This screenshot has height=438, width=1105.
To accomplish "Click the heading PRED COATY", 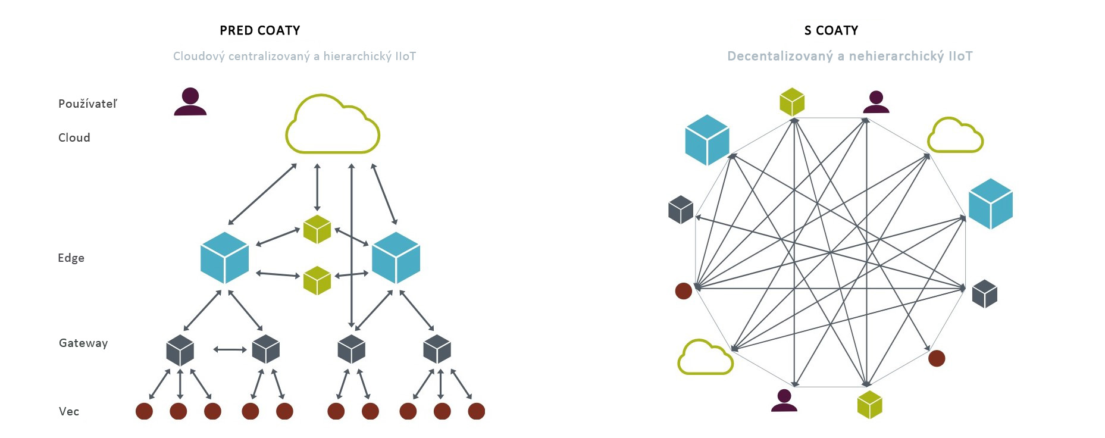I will click(259, 30).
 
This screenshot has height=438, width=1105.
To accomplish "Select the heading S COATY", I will click(831, 30).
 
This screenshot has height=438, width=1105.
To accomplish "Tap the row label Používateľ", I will click(87, 104).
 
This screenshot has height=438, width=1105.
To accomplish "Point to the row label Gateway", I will click(83, 343).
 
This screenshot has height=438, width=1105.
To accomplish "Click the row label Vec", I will click(69, 411).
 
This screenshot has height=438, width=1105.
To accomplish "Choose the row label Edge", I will click(71, 258).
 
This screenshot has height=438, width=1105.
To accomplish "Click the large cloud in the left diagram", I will click(333, 127).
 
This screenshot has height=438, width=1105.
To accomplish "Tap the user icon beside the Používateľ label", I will click(190, 102).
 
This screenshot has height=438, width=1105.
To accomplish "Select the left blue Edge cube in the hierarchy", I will click(224, 258).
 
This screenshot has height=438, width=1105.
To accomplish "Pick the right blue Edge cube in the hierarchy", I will click(396, 258).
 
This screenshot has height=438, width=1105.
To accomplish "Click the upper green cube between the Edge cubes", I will click(317, 229).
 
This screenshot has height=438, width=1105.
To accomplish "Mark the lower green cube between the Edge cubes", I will click(317, 280).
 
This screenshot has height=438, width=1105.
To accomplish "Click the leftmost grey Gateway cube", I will click(180, 350).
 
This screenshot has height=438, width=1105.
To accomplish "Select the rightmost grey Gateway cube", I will click(437, 349).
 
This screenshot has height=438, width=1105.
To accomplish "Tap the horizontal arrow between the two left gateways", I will click(230, 349).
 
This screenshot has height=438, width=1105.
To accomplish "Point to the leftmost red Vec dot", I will click(144, 411).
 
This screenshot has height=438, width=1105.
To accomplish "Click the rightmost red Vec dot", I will click(477, 411).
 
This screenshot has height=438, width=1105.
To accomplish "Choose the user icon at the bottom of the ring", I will click(784, 401).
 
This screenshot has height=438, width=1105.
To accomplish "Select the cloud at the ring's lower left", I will click(705, 358).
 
